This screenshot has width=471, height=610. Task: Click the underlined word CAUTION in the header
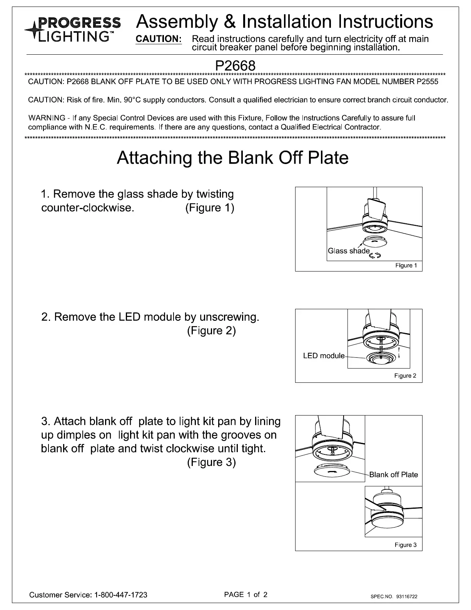(x=159, y=39)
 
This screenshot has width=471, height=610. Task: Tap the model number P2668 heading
(x=235, y=65)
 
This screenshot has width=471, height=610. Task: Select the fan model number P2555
(x=427, y=82)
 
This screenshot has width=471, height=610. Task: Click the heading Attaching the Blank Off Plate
(x=232, y=158)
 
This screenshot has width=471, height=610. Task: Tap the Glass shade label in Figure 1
(x=349, y=251)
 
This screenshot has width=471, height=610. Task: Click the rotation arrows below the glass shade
(x=375, y=255)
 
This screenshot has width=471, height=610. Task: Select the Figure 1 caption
(x=406, y=265)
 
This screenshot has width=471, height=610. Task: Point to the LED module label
(x=324, y=356)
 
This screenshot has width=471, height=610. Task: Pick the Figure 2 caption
(x=405, y=376)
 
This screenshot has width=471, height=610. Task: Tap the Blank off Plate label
(x=393, y=475)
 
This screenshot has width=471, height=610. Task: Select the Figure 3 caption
(x=406, y=545)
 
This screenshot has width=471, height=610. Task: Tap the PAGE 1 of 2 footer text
(x=246, y=595)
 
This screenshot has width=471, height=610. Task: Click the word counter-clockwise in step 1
(x=87, y=208)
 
